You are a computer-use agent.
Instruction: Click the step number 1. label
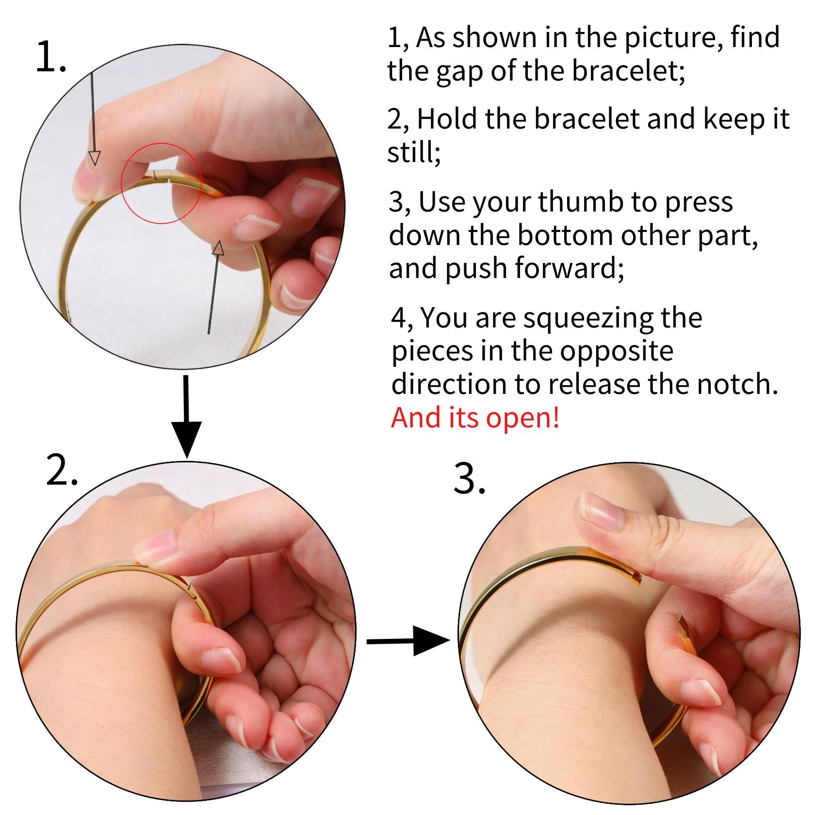tap(51, 57)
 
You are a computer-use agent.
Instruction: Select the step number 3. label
tap(469, 478)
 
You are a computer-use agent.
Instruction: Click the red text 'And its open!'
tap(475, 417)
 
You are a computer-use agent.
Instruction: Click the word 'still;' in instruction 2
tap(414, 152)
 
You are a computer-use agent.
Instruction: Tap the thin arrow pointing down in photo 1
tap(93, 118)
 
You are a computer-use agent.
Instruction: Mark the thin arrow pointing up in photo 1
tap(214, 287)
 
